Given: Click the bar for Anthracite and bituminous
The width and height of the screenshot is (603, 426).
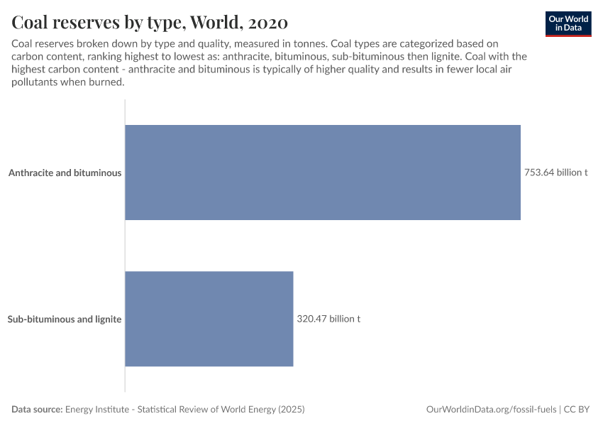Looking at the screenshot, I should coord(323,173).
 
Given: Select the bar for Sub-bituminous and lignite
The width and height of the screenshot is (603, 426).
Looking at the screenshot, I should coord(209,319).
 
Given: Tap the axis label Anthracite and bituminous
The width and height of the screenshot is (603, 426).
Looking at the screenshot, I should coord(65,173).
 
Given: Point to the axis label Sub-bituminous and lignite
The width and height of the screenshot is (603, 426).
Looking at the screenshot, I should coord(65,319).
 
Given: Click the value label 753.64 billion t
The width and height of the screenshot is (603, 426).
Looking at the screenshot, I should coord(555,173).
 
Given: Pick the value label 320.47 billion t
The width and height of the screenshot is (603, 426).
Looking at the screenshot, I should coord(328,319).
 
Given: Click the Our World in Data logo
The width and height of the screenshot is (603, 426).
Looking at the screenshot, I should coord(568,23).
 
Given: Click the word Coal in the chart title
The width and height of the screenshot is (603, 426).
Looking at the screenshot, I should coord(31,22).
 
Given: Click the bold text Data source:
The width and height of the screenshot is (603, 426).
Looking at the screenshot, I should coord(37,410).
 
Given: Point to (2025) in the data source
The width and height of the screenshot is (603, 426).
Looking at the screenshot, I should coord(291,410).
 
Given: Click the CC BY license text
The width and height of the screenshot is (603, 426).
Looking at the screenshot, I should coord(577,410).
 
